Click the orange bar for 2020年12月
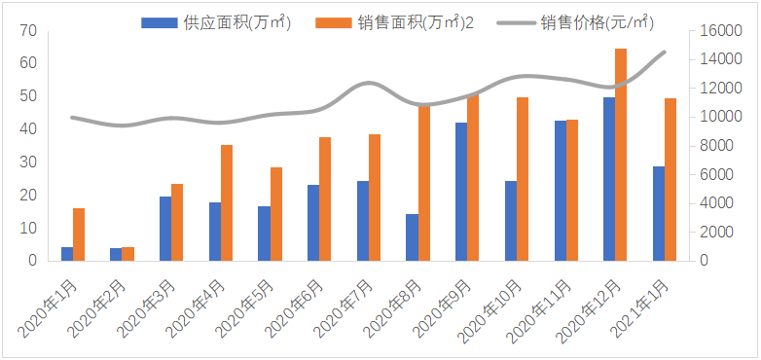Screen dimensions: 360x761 [x=621, y=155]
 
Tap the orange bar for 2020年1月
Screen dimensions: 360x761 [x=79, y=234]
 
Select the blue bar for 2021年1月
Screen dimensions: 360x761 [x=658, y=213]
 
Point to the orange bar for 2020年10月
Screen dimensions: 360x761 [x=523, y=179]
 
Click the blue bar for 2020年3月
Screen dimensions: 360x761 [x=165, y=229]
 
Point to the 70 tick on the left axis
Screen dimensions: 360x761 [x=29, y=31]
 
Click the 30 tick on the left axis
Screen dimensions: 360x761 [x=29, y=162]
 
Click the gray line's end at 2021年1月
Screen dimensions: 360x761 [x=665, y=52]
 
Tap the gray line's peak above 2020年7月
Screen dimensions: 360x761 [x=366, y=84]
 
